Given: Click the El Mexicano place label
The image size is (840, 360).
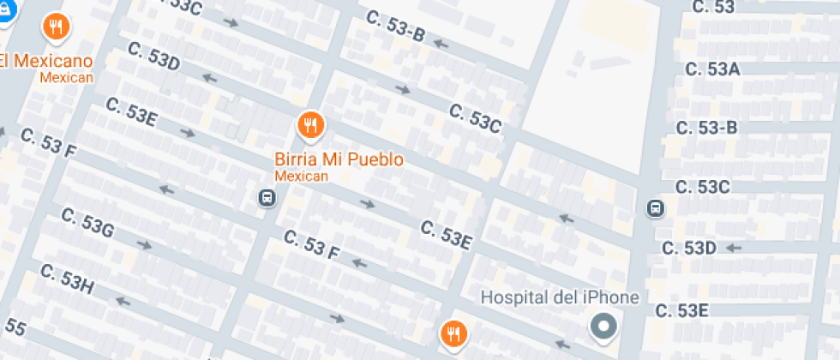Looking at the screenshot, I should pos(45,62).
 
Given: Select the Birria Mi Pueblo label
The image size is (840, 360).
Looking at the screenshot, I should pos(339,159).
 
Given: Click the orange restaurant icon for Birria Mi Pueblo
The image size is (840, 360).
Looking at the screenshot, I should pos(310,126).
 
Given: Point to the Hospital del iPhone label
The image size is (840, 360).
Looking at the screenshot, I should pos(560,298).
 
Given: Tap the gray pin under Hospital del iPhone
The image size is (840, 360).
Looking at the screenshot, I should pos(605,327).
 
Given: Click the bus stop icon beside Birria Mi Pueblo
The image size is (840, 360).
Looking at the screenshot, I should pos(267,199).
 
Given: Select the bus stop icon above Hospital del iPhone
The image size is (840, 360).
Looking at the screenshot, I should pos(655,208).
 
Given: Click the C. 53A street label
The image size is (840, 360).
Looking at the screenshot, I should pos(708,69).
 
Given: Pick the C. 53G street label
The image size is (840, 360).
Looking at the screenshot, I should pos(87,224).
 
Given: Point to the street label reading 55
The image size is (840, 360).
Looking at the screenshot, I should pos(15,327).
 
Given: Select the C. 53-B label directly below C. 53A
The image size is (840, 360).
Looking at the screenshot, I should pos(706,128).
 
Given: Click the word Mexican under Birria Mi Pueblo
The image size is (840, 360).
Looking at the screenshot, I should pos(302,176).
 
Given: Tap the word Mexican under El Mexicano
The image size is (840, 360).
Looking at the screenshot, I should pos(66,78).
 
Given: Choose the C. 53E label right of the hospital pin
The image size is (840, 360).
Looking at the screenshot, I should pos(681,309).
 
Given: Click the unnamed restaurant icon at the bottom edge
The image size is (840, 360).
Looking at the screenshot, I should pos(453,334).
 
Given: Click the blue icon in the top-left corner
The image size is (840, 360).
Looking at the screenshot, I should pos(9,10).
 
